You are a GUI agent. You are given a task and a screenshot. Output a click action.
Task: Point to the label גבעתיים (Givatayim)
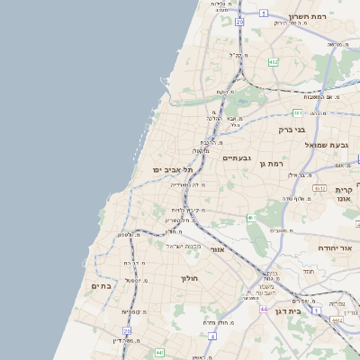(237, 157)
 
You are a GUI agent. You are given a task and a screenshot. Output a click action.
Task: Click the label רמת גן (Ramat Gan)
(269, 163)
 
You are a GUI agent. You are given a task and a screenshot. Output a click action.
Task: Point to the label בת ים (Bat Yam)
(100, 285)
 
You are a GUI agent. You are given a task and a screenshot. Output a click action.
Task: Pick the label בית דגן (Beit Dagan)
(327, 309)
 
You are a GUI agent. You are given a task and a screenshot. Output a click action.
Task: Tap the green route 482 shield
(273, 62)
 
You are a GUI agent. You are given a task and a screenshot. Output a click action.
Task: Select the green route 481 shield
(298, 112)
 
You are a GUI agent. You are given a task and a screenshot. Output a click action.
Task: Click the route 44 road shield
(264, 309)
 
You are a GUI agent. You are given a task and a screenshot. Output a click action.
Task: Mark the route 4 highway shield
(212, 335)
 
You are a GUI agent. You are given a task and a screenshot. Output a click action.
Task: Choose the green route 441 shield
(159, 352)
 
